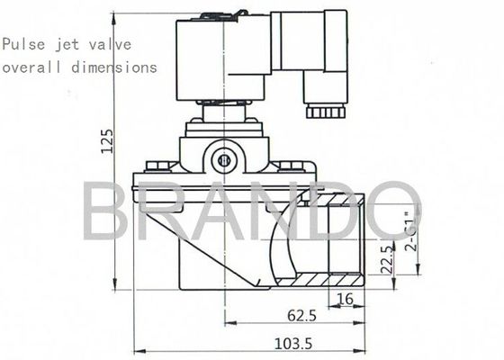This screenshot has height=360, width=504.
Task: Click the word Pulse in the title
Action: [x=21, y=44]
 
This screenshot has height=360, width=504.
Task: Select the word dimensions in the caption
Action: [x=119, y=67]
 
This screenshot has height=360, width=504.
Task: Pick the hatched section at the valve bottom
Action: [x=319, y=280]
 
